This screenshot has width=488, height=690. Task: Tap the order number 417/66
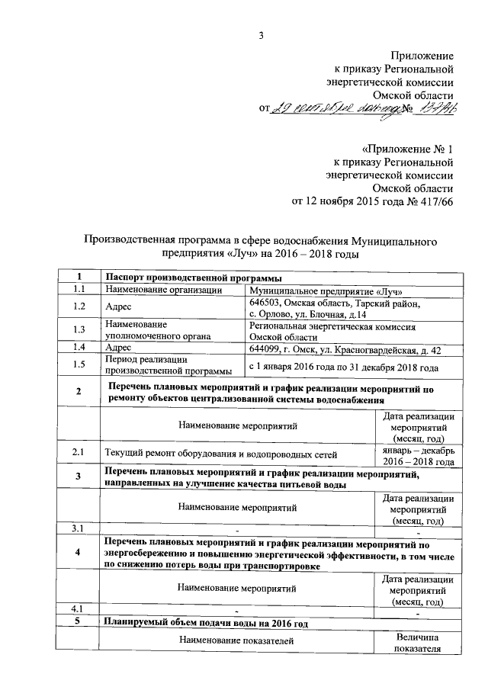click(434, 202)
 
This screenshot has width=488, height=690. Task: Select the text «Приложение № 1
click(408, 147)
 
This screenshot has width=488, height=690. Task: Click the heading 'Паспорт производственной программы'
click(188, 276)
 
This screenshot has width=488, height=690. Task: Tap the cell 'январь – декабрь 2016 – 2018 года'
click(418, 455)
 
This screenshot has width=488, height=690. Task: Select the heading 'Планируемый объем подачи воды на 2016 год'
click(206, 623)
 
